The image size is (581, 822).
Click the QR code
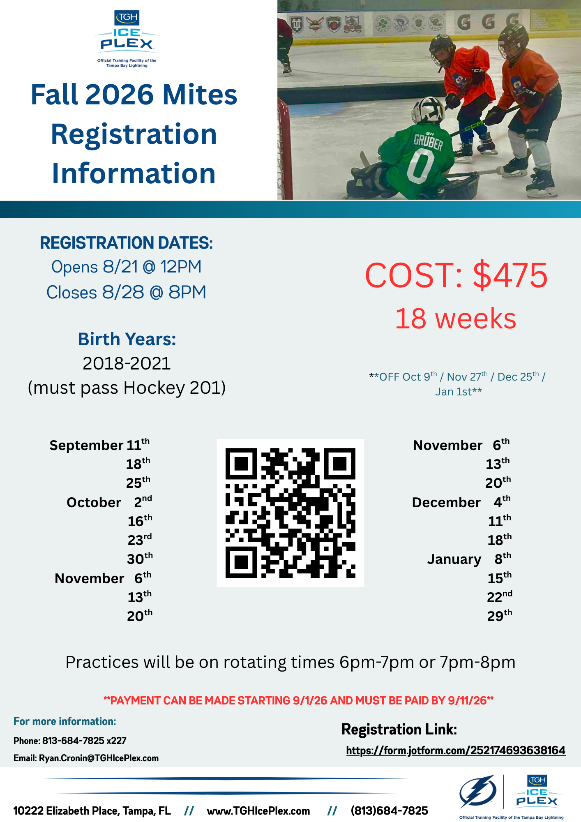[x=290, y=513]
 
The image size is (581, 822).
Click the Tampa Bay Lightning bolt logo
[x=478, y=791]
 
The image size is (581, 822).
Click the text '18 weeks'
[x=455, y=319]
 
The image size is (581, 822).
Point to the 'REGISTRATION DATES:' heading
[x=127, y=243]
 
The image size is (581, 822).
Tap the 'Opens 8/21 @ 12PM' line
[x=127, y=267]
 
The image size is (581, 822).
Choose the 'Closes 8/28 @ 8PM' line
[x=126, y=292]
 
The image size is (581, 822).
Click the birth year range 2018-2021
[x=127, y=363]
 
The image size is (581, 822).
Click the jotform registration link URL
[x=456, y=750]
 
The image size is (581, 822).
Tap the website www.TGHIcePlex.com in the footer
[x=258, y=810]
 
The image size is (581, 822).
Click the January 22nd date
[x=500, y=597]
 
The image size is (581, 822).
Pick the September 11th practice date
[x=100, y=445]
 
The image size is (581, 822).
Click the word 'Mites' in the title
[x=200, y=95]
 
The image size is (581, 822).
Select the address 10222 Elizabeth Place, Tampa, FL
[x=92, y=811]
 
